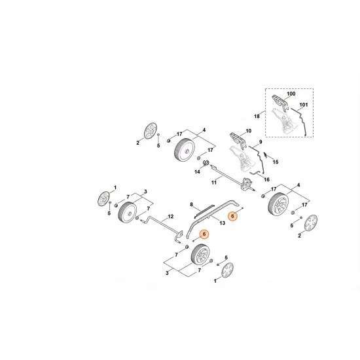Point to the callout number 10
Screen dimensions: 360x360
pos(248,131)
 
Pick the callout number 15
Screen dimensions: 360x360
pos(276,162)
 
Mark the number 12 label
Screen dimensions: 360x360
pos(170,216)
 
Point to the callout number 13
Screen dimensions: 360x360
pos(222,223)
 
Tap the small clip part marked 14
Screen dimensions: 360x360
pos(204,164)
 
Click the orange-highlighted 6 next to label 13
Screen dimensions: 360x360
pos(231,215)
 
